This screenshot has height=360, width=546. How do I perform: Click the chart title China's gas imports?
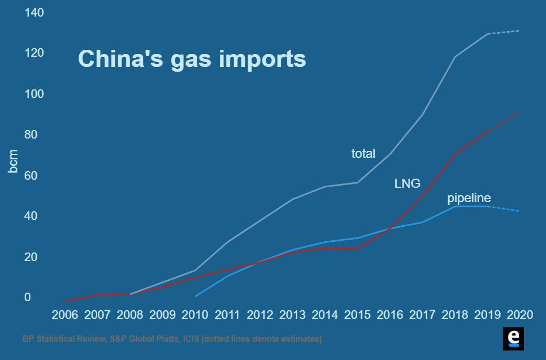pyautogui.click(x=192, y=58)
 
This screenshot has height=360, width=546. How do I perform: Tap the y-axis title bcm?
pyautogui.click(x=13, y=162)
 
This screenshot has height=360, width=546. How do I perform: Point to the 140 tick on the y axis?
pyautogui.click(x=34, y=12)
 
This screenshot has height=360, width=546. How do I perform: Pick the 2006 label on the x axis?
pyautogui.click(x=65, y=315)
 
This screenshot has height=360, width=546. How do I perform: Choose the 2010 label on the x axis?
pyautogui.click(x=195, y=315)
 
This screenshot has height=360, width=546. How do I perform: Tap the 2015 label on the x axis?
pyautogui.click(x=358, y=315)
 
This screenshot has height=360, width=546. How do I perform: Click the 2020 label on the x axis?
pyautogui.click(x=520, y=315)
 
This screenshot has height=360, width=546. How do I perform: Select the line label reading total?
pyautogui.click(x=363, y=154)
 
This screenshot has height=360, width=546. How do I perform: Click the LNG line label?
pyautogui.click(x=407, y=183)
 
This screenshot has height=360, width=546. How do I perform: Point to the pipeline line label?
pyautogui.click(x=469, y=198)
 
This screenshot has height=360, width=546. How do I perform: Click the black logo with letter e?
pyautogui.click(x=513, y=339)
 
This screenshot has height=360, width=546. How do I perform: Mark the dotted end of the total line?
pyautogui.click(x=504, y=32)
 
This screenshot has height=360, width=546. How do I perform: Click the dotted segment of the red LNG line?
pyautogui.click(x=504, y=121)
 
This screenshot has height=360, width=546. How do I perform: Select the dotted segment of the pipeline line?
pyautogui.click(x=504, y=209)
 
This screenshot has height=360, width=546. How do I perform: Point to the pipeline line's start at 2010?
pyautogui.click(x=196, y=296)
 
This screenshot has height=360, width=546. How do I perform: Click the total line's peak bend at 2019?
pyautogui.click(x=488, y=34)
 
